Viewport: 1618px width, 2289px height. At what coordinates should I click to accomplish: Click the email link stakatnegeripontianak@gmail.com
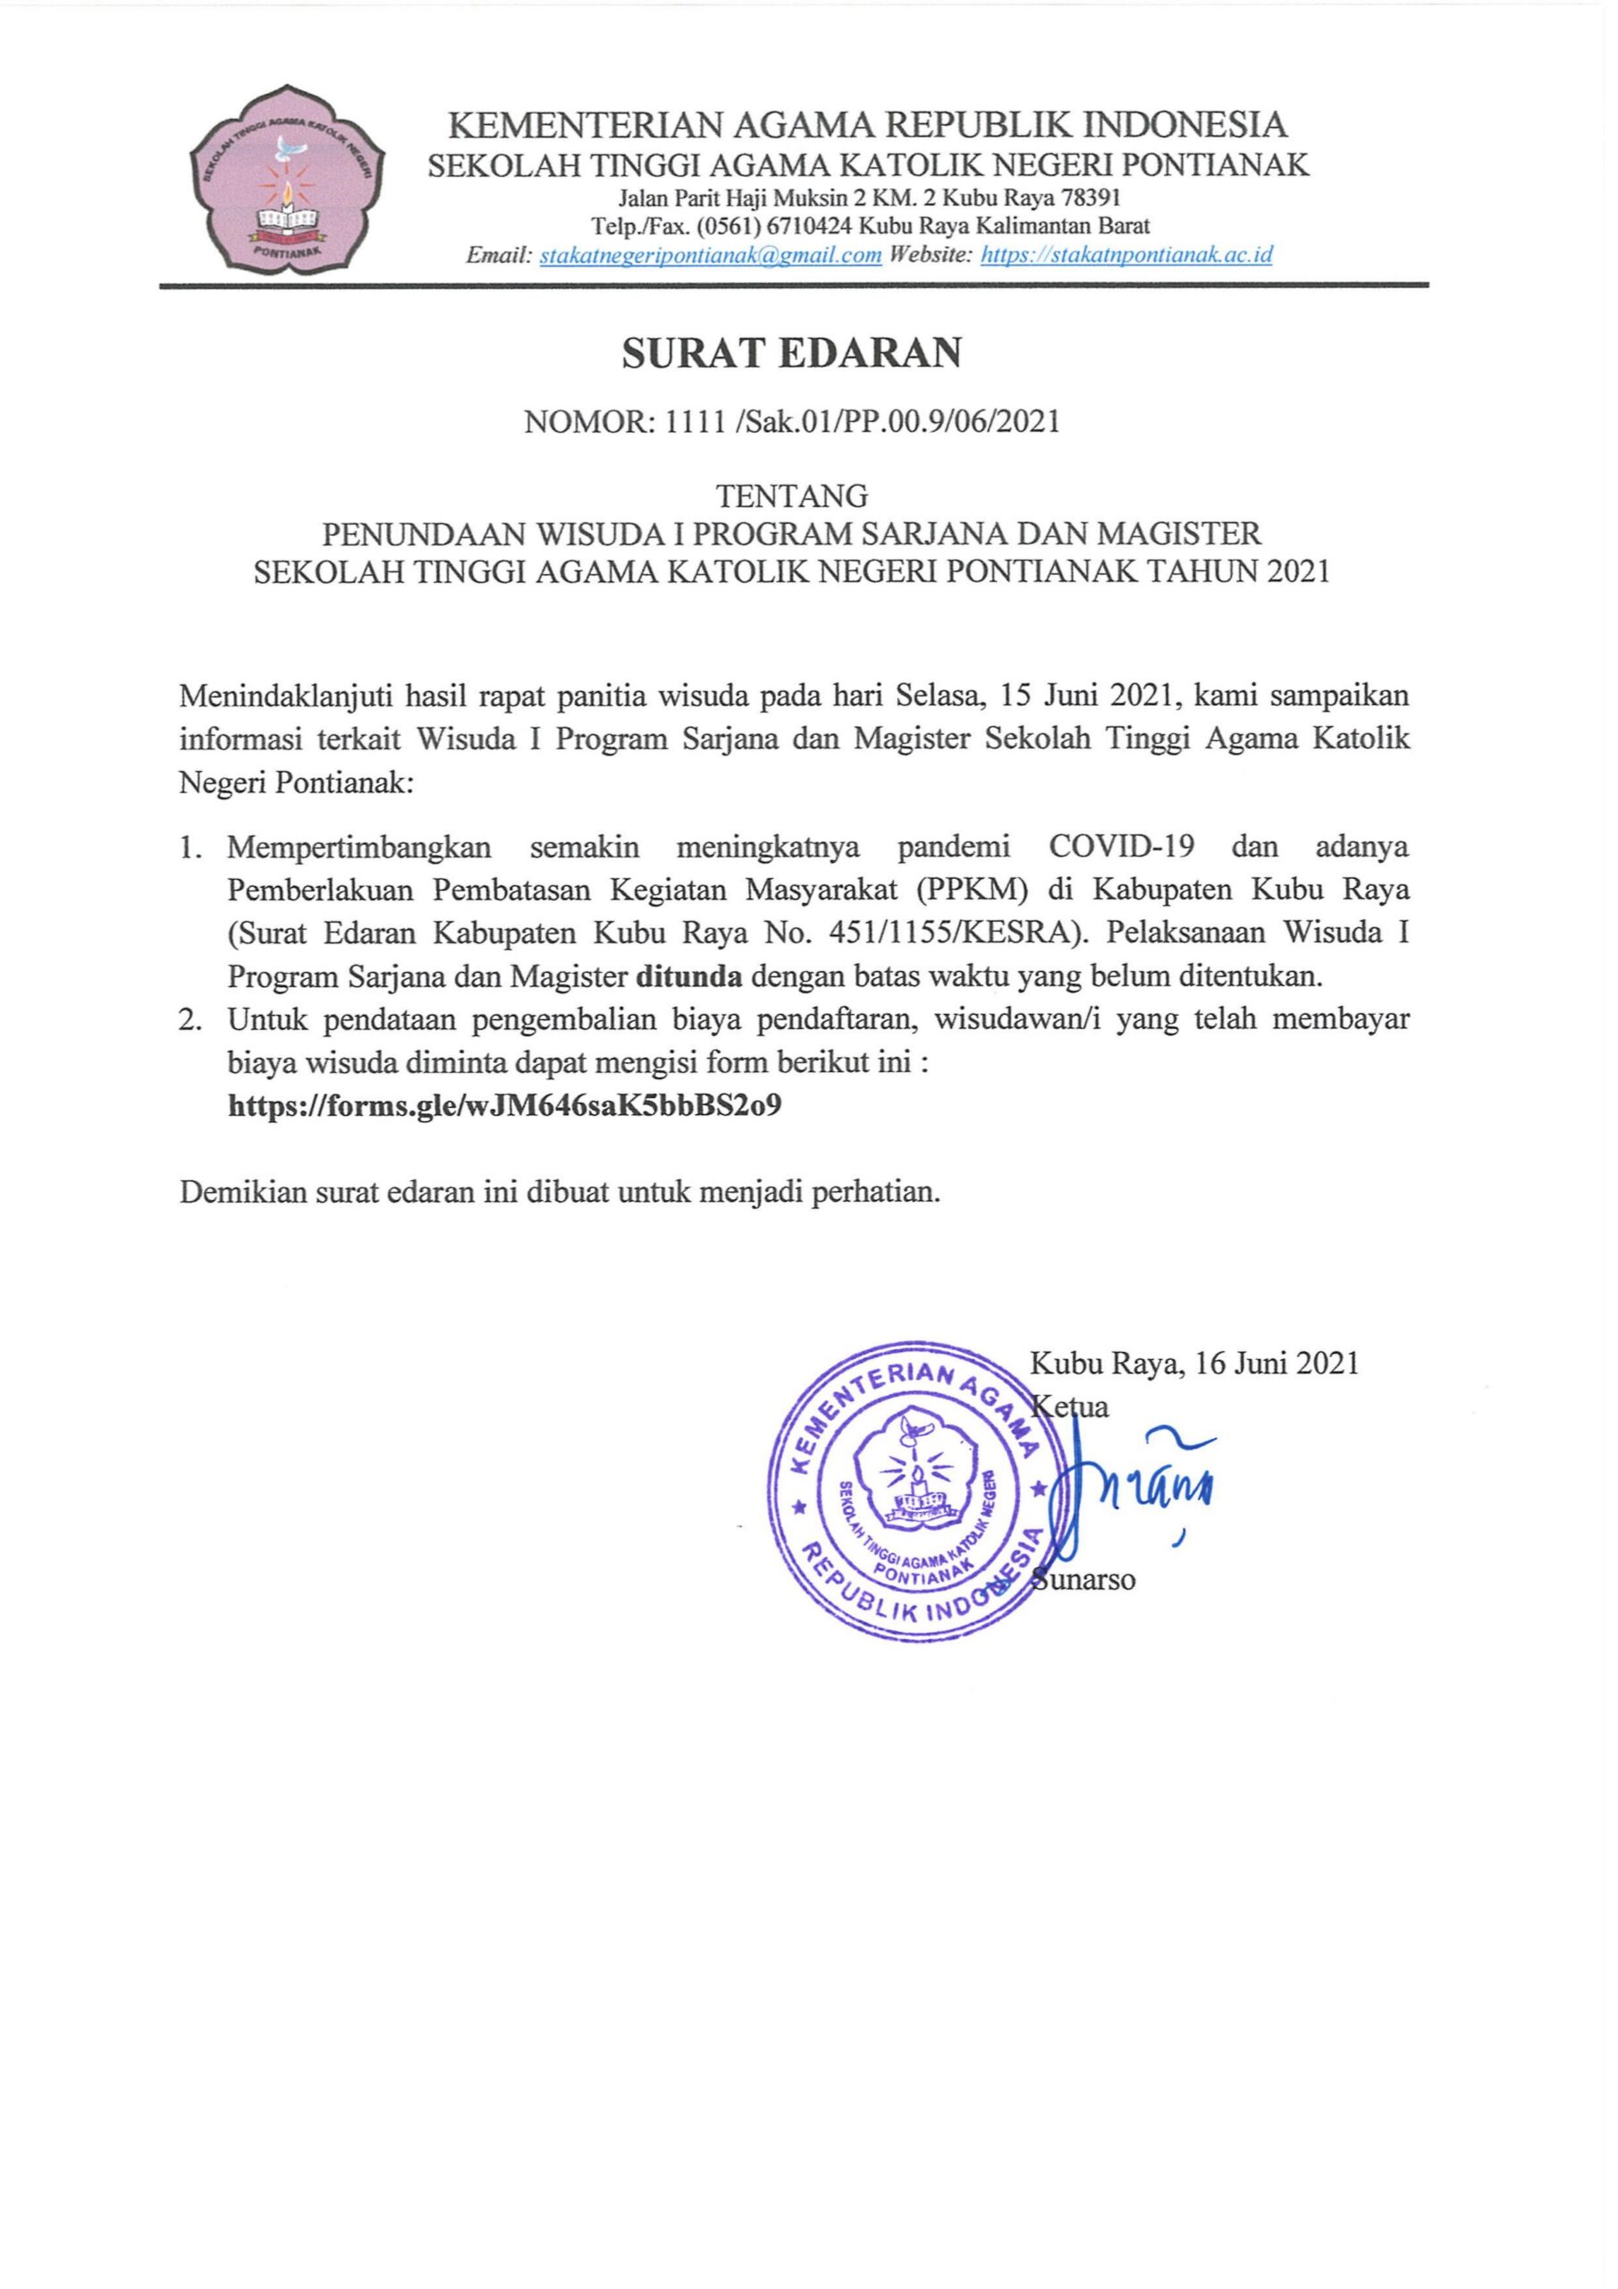(710, 254)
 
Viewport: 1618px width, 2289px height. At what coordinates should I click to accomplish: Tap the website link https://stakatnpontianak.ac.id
(1126, 254)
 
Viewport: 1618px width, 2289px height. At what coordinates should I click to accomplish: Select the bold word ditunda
(689, 976)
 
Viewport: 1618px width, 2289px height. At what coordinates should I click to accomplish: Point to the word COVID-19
(1122, 848)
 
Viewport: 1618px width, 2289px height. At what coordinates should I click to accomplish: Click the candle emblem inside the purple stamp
(914, 1482)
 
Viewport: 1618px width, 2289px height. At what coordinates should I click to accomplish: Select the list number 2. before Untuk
(192, 1020)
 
